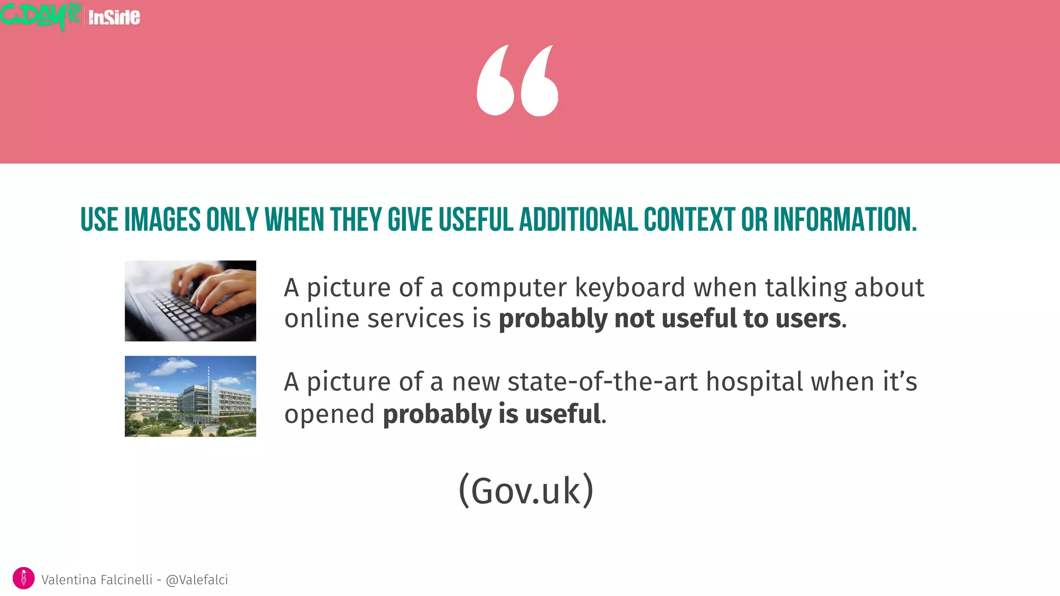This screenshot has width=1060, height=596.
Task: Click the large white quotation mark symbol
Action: pyautogui.click(x=518, y=81)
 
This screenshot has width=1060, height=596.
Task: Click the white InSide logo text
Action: pyautogui.click(x=114, y=18)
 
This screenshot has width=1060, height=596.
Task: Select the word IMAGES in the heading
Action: pyautogui.click(x=162, y=219)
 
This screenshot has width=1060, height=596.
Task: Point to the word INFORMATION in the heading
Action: pyautogui.click(x=845, y=219)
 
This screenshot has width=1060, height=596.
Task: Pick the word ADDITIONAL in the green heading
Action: pyautogui.click(x=578, y=219)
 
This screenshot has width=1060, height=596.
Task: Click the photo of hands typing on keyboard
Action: pyautogui.click(x=190, y=301)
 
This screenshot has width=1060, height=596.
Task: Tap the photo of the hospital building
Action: pyautogui.click(x=190, y=396)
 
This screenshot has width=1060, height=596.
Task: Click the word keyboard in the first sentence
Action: pyautogui.click(x=630, y=288)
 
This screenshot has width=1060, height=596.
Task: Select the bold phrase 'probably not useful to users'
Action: pyautogui.click(x=670, y=319)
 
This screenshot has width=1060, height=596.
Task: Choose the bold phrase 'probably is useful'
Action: pyautogui.click(x=492, y=414)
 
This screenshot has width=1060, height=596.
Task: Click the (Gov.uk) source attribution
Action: pyautogui.click(x=526, y=490)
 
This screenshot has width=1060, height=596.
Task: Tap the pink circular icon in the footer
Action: pyautogui.click(x=23, y=578)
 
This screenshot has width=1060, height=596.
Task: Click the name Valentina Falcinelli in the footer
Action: pyautogui.click(x=97, y=580)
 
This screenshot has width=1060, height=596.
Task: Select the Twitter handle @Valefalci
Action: pyautogui.click(x=197, y=580)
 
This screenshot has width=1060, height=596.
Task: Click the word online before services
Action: pyautogui.click(x=322, y=319)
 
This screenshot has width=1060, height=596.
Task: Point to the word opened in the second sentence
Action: pyautogui.click(x=329, y=414)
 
